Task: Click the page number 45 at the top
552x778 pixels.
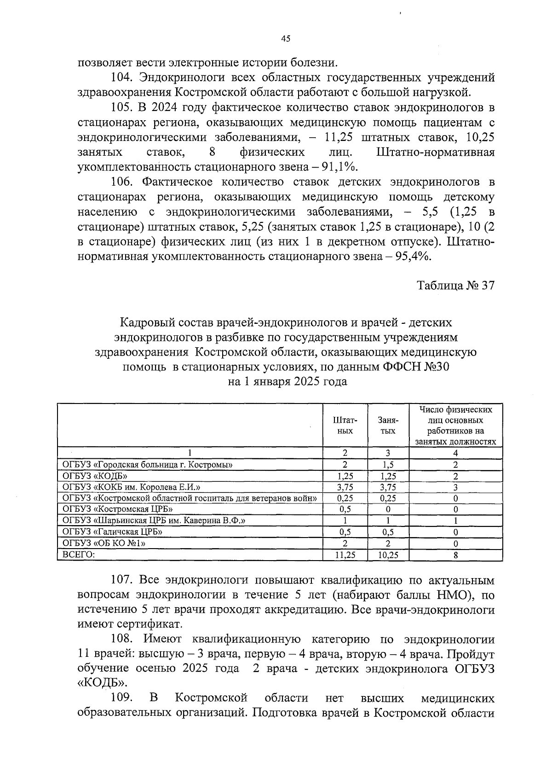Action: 285,39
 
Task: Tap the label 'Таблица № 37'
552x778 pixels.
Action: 455,286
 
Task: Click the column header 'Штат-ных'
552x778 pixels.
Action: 345,426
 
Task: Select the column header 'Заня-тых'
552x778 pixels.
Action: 388,426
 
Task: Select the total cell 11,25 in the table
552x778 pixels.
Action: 345,556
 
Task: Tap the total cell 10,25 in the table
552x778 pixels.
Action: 388,556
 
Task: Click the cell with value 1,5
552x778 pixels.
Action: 388,465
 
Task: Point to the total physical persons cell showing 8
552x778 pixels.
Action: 455,556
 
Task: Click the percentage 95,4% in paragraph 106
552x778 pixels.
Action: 412,257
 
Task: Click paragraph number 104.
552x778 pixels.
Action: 122,77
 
